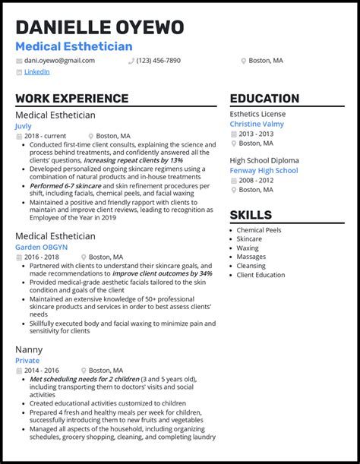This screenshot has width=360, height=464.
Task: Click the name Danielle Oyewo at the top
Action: click(99, 28)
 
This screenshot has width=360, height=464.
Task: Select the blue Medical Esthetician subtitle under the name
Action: click(74, 47)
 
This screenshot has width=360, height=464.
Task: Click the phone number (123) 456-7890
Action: click(158, 60)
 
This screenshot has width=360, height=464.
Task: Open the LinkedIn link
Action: click(36, 72)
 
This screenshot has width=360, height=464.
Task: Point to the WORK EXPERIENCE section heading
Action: click(71, 99)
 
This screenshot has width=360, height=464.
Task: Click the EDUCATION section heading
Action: click(264, 99)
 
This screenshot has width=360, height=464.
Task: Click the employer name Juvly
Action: click(24, 126)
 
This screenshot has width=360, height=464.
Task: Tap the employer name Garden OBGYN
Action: click(41, 247)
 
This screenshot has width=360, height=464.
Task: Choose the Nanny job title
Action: click(30, 349)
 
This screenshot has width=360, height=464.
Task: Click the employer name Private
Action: click(27, 361)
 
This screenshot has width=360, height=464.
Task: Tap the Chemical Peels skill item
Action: click(258, 230)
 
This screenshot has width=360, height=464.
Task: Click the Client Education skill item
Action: click(261, 275)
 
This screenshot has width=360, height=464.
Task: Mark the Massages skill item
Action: click(251, 257)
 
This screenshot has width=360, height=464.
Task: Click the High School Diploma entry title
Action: click(264, 160)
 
